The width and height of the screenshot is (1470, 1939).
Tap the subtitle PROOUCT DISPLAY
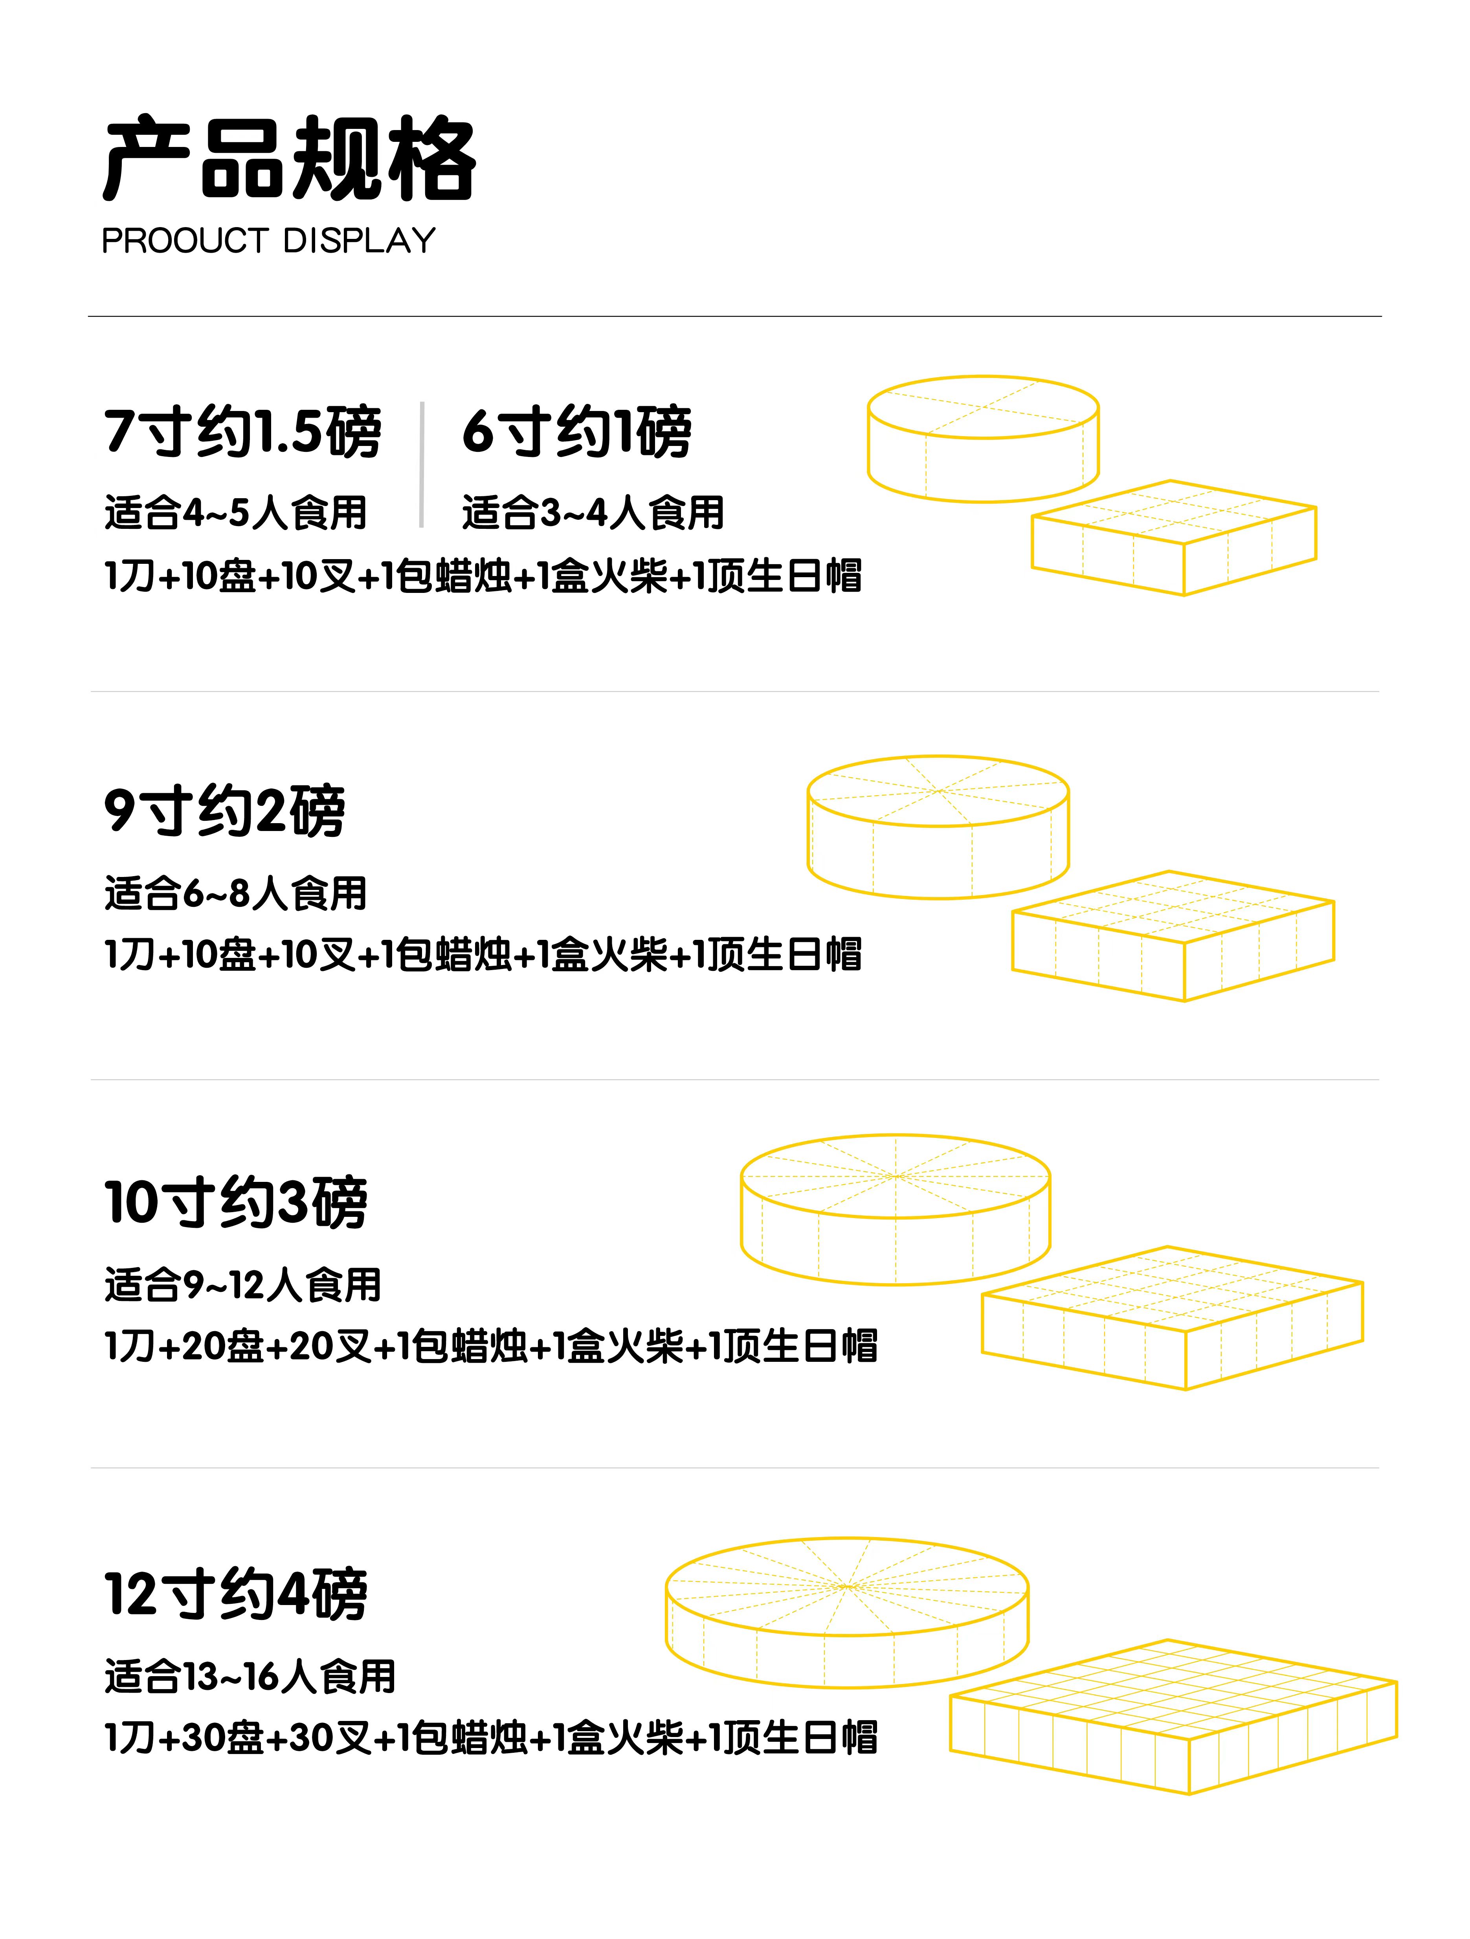pyautogui.click(x=268, y=240)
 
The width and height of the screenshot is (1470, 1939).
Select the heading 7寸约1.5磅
pyautogui.click(x=242, y=431)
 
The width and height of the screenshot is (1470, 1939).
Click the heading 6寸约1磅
pyautogui.click(x=577, y=431)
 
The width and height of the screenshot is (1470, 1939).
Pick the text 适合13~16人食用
pyautogui.click(x=250, y=1676)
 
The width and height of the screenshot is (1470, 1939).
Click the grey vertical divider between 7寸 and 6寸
pyautogui.click(x=422, y=464)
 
